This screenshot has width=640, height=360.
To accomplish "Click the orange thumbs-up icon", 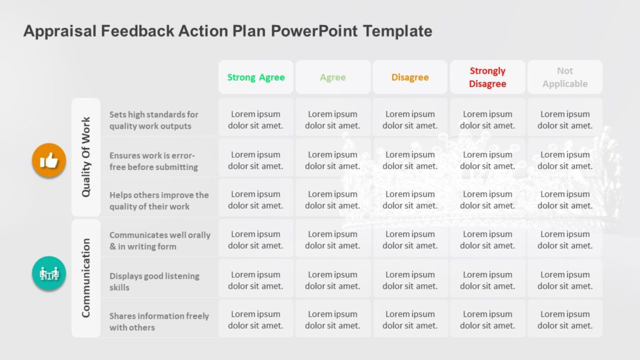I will click(49, 161).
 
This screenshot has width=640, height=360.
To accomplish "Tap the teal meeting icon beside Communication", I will click(49, 273).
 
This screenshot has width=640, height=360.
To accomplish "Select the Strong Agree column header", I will click(256, 77).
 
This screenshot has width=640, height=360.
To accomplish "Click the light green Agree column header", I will click(332, 77).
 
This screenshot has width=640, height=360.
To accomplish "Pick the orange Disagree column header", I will click(410, 77).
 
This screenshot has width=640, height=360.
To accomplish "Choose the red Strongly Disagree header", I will click(487, 77).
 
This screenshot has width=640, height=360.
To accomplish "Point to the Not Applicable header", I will click(565, 77).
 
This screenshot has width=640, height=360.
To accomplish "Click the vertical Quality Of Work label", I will click(86, 157).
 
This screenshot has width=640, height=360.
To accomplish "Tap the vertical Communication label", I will click(86, 277).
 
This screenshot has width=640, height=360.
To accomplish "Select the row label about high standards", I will click(154, 120).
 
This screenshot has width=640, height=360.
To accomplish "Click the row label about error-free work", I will click(154, 161).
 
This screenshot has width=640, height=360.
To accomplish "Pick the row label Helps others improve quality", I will click(159, 201).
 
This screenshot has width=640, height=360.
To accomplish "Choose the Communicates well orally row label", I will click(159, 241).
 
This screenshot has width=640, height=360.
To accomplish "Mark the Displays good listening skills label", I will click(154, 281).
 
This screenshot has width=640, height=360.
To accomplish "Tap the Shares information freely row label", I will click(159, 321).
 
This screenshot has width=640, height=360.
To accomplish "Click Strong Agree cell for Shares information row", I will click(256, 319).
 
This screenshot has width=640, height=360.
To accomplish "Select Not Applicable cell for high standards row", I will click(565, 119).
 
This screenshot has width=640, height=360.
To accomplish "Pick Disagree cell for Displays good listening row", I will click(410, 280).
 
